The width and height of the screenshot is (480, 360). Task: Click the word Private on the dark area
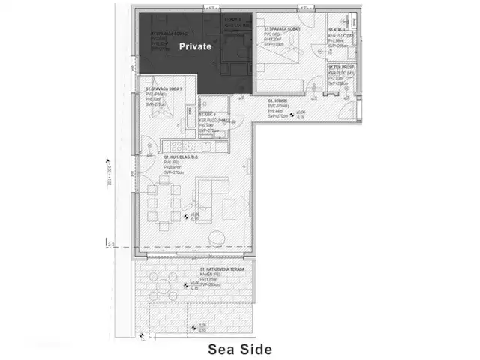pyautogui.click(x=195, y=46)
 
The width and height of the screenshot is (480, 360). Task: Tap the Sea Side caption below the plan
pyautogui.click(x=239, y=349)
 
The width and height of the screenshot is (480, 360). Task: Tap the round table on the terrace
pyautogui.click(x=163, y=283)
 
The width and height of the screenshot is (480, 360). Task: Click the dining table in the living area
pyautogui.click(x=163, y=202)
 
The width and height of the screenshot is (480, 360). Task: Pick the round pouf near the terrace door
pyautogui.click(x=215, y=238)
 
